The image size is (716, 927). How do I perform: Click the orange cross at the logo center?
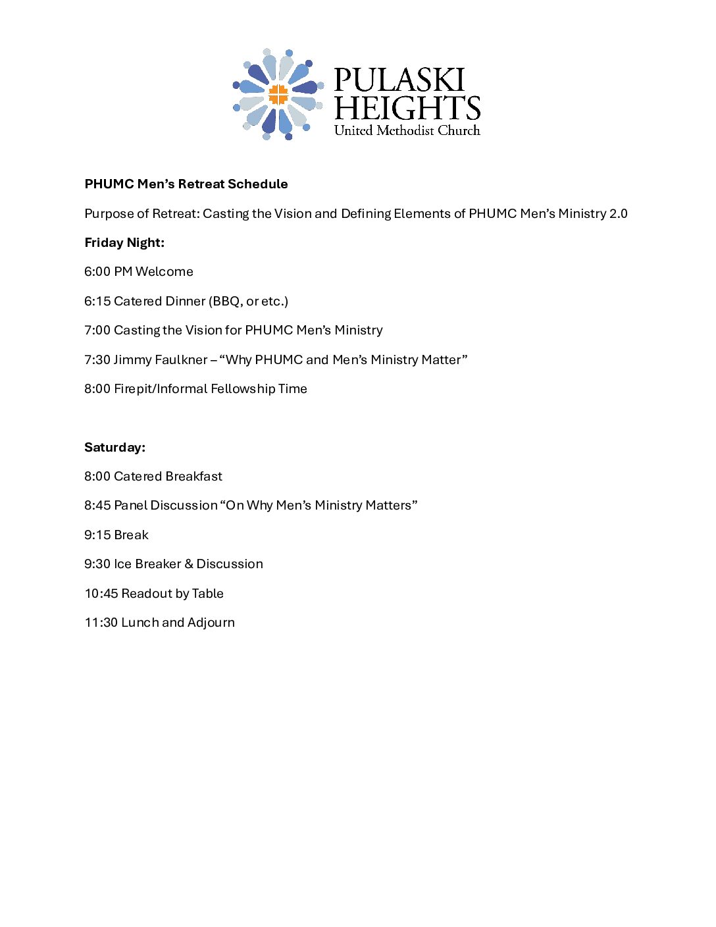coord(278,94)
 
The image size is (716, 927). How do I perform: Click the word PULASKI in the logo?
coord(399,80)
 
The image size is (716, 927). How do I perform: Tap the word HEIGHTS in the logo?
coord(407,108)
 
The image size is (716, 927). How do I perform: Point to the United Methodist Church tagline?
coord(407,130)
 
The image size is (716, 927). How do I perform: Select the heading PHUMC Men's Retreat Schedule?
coord(186,184)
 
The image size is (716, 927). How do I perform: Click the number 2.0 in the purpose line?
coord(618,213)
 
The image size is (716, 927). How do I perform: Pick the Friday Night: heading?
coord(124,242)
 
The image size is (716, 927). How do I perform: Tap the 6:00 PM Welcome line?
coord(139,271)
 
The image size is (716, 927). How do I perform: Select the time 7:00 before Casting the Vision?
coord(97,330)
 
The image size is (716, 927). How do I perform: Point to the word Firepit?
coord(134,388)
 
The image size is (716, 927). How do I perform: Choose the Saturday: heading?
coord(115,447)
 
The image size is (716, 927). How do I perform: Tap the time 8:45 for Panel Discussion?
coord(97,505)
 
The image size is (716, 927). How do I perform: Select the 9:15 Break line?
coord(116,535)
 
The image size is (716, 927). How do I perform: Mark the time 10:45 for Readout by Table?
coord(101,593)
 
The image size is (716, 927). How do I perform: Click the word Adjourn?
coord(211,622)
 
